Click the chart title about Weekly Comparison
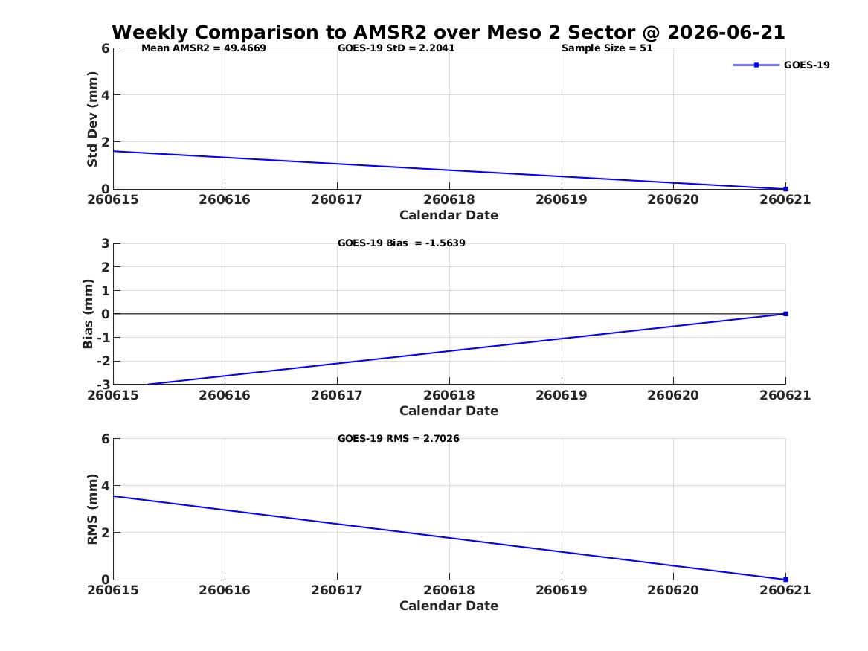tap(449, 32)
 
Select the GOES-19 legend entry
tap(781, 65)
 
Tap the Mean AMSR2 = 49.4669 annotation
tap(204, 48)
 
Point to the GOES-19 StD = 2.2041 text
tap(396, 48)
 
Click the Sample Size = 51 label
tap(607, 48)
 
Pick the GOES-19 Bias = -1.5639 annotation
tap(402, 243)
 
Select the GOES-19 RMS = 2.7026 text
tap(399, 438)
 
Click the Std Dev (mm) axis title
tap(92, 119)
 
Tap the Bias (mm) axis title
tap(88, 314)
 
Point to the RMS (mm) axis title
tap(92, 510)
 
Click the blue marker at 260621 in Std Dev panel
tap(785, 189)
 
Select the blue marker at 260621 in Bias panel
tap(785, 314)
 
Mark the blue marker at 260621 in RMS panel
tap(785, 580)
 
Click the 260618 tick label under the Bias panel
tap(449, 395)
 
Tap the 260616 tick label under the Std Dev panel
tap(225, 200)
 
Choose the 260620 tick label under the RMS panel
tap(673, 590)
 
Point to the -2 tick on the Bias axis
tap(103, 361)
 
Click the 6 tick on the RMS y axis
tap(105, 439)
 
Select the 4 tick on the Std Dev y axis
tap(105, 95)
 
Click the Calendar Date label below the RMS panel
tap(449, 606)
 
